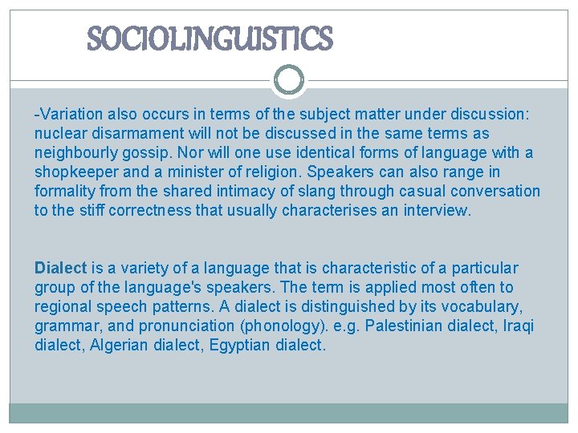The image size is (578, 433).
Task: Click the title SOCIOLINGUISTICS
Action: (209, 38)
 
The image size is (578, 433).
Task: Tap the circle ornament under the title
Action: (289, 80)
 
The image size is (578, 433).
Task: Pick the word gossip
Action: (149, 152)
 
